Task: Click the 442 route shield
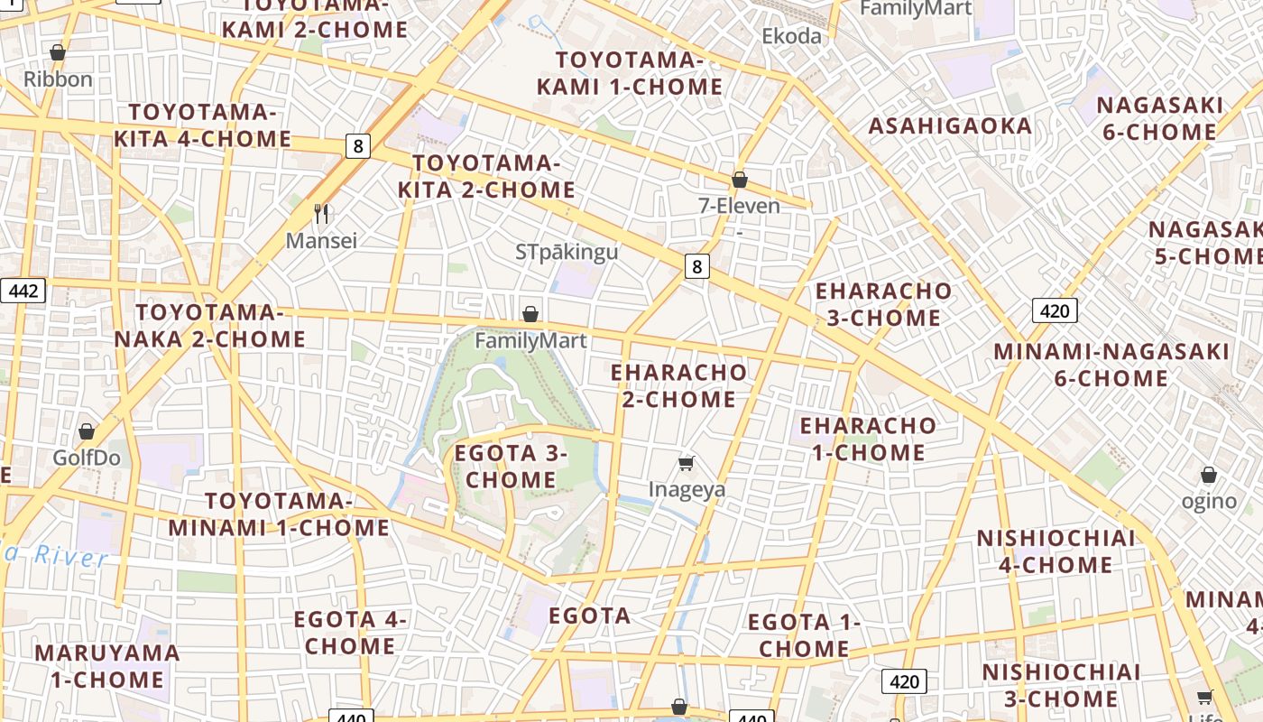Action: pyautogui.click(x=23, y=291)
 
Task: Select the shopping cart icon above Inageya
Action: pyautogui.click(x=687, y=464)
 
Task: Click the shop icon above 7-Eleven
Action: pyautogui.click(x=740, y=180)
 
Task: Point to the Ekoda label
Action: pyautogui.click(x=792, y=36)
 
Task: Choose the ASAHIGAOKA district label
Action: pyautogui.click(x=950, y=125)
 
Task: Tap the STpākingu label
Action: pyautogui.click(x=567, y=251)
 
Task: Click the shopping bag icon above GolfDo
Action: pyautogui.click(x=87, y=431)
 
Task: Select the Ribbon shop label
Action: pyautogui.click(x=58, y=79)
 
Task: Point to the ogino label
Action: pyautogui.click(x=1209, y=501)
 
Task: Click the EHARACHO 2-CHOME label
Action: pyautogui.click(x=678, y=385)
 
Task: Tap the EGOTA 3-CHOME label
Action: pyautogui.click(x=511, y=466)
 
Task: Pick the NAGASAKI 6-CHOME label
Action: pyautogui.click(x=1160, y=118)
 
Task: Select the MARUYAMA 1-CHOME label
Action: pyautogui.click(x=107, y=665)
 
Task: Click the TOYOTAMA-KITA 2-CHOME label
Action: pyautogui.click(x=486, y=176)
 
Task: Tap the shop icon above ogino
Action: pyautogui.click(x=1209, y=475)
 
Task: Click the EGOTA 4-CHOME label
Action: pyautogui.click(x=350, y=633)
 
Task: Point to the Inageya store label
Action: pyautogui.click(x=687, y=489)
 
